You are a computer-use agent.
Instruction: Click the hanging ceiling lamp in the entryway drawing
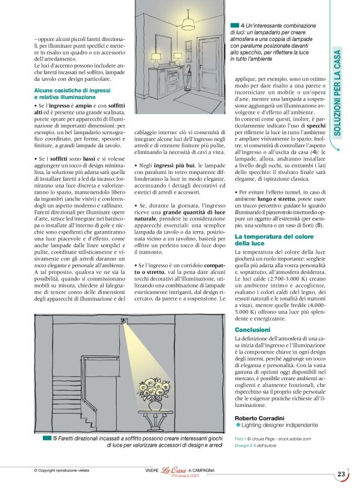(x=187, y=24)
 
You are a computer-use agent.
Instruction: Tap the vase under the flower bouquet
(x=153, y=404)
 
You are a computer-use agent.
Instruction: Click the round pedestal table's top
(x=153, y=411)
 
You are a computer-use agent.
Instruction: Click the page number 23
(x=341, y=474)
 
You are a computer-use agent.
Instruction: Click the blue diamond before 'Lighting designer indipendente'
(x=238, y=425)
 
